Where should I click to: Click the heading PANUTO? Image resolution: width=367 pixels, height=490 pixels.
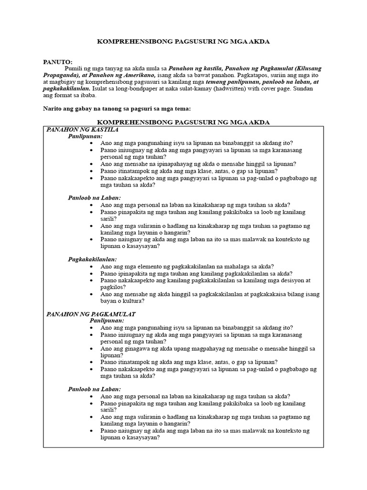pyautogui.click(x=58, y=62)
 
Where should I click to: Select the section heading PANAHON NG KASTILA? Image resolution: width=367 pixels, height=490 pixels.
pyautogui.click(x=82, y=129)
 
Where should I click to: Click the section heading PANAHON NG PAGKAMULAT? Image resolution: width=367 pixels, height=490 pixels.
pyautogui.click(x=91, y=314)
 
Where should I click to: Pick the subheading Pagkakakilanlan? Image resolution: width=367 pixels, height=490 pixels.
pyautogui.click(x=92, y=259)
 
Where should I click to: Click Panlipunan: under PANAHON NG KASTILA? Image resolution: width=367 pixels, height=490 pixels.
pyautogui.click(x=85, y=136)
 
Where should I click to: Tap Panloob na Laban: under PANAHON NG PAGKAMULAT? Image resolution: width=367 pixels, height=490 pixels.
pyautogui.click(x=94, y=389)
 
